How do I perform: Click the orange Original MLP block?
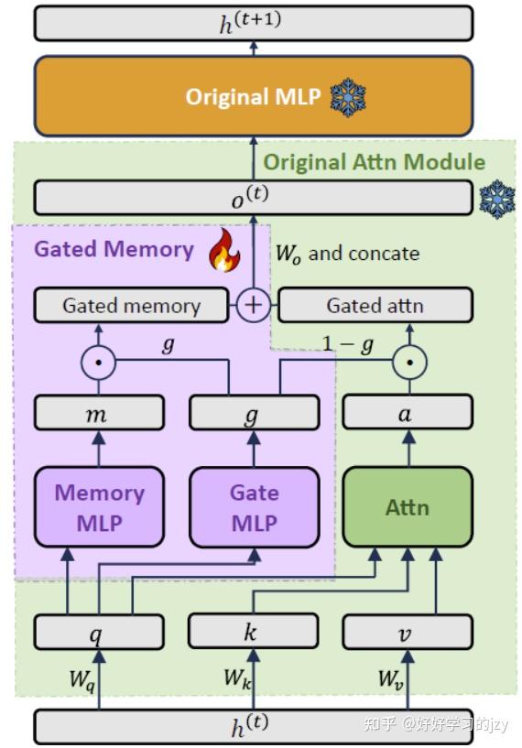click(x=254, y=96)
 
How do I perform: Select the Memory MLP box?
click(x=99, y=507)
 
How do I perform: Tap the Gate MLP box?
click(x=254, y=507)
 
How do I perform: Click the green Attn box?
click(x=408, y=507)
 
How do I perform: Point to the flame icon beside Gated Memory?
click(x=223, y=252)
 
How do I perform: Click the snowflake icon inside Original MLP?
click(x=348, y=95)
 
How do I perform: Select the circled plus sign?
click(x=253, y=305)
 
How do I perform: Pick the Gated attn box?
click(x=375, y=306)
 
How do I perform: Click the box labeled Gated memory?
click(x=131, y=306)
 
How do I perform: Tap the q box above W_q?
click(x=99, y=632)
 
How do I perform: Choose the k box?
click(x=254, y=631)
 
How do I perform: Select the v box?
click(x=408, y=632)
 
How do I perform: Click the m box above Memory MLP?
click(x=99, y=413)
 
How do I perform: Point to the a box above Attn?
click(x=408, y=413)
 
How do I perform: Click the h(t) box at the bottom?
click(x=254, y=726)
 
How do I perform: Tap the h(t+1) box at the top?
click(x=254, y=23)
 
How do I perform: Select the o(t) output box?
click(x=254, y=198)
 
